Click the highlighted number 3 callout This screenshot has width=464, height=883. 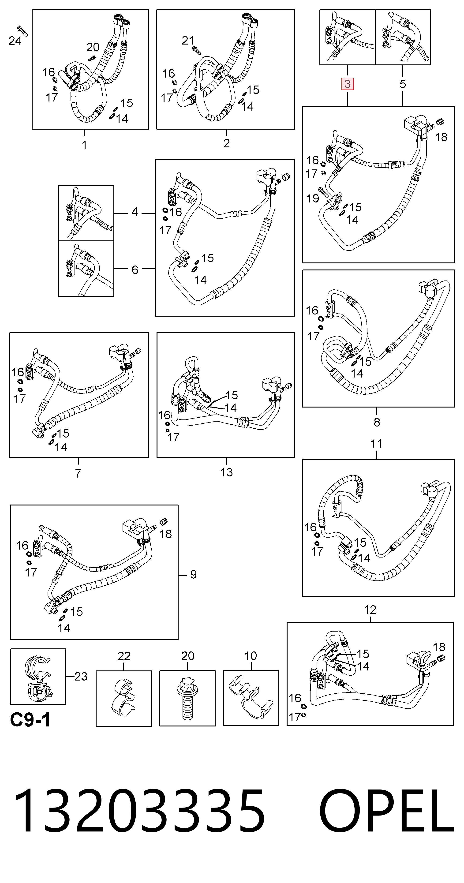pyautogui.click(x=347, y=84)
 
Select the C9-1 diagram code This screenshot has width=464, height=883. pyautogui.click(x=30, y=720)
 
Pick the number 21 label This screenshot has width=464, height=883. pyautogui.click(x=188, y=41)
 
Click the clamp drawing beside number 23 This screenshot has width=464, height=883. pyautogui.click(x=38, y=676)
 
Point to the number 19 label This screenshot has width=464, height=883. pyautogui.click(x=313, y=198)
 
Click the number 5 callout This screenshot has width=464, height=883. pyautogui.click(x=403, y=84)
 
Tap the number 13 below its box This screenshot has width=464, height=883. pyautogui.click(x=226, y=472)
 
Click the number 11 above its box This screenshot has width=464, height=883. pyautogui.click(x=376, y=444)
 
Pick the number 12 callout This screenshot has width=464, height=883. pyautogui.click(x=370, y=610)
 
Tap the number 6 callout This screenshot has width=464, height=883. pyautogui.click(x=135, y=270)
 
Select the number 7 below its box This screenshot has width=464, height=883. pyautogui.click(x=78, y=473)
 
